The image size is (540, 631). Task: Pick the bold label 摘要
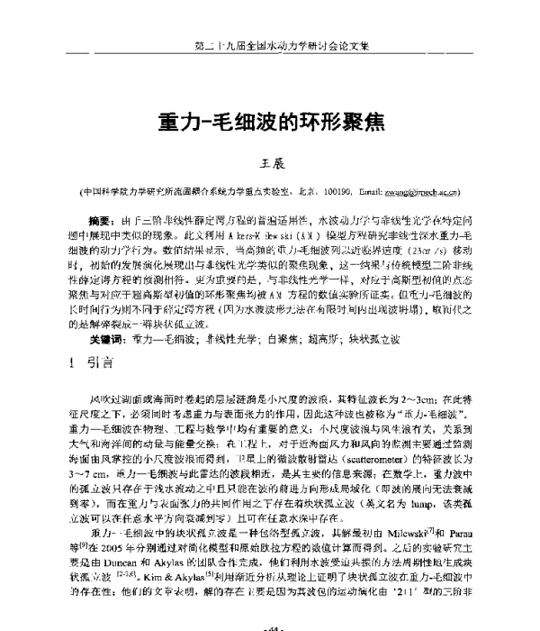coord(102,220)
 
